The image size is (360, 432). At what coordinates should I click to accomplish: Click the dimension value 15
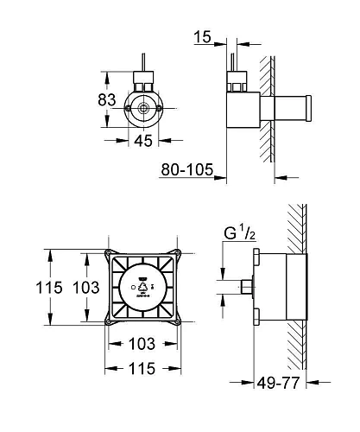[x=202, y=36]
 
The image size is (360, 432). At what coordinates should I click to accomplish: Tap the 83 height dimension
[x=107, y=99]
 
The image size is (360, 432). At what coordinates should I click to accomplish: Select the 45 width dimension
[x=143, y=141]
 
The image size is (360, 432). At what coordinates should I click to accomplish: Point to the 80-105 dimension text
[x=187, y=169]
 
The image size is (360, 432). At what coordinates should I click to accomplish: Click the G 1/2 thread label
[x=240, y=233]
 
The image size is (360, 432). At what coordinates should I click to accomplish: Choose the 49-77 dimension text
[x=278, y=383]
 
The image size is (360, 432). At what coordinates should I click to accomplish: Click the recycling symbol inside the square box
[x=142, y=287]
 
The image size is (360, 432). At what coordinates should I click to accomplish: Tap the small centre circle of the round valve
[x=143, y=108]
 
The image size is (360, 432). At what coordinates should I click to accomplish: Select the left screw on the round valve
[x=127, y=108]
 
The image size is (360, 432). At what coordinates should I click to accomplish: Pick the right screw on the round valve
[x=159, y=108]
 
